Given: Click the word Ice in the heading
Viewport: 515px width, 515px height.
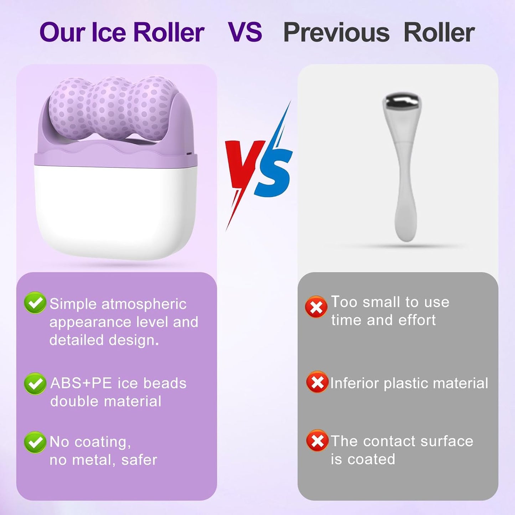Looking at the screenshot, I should [109, 32].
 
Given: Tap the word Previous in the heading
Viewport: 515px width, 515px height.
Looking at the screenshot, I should [336, 32].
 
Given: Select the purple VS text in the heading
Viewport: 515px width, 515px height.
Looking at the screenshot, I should [245, 32].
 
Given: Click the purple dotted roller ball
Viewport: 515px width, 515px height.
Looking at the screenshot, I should [112, 107].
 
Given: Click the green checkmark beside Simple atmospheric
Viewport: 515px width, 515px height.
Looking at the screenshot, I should [35, 303].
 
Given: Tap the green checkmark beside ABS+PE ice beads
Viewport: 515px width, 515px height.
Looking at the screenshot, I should [35, 383].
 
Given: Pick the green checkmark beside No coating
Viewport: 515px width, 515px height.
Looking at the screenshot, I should [35, 442].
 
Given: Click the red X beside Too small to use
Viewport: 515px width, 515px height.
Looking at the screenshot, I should [316, 307].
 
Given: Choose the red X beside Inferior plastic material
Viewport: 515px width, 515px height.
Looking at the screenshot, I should [317, 382].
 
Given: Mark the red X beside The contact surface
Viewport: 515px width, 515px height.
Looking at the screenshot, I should [317, 441].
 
